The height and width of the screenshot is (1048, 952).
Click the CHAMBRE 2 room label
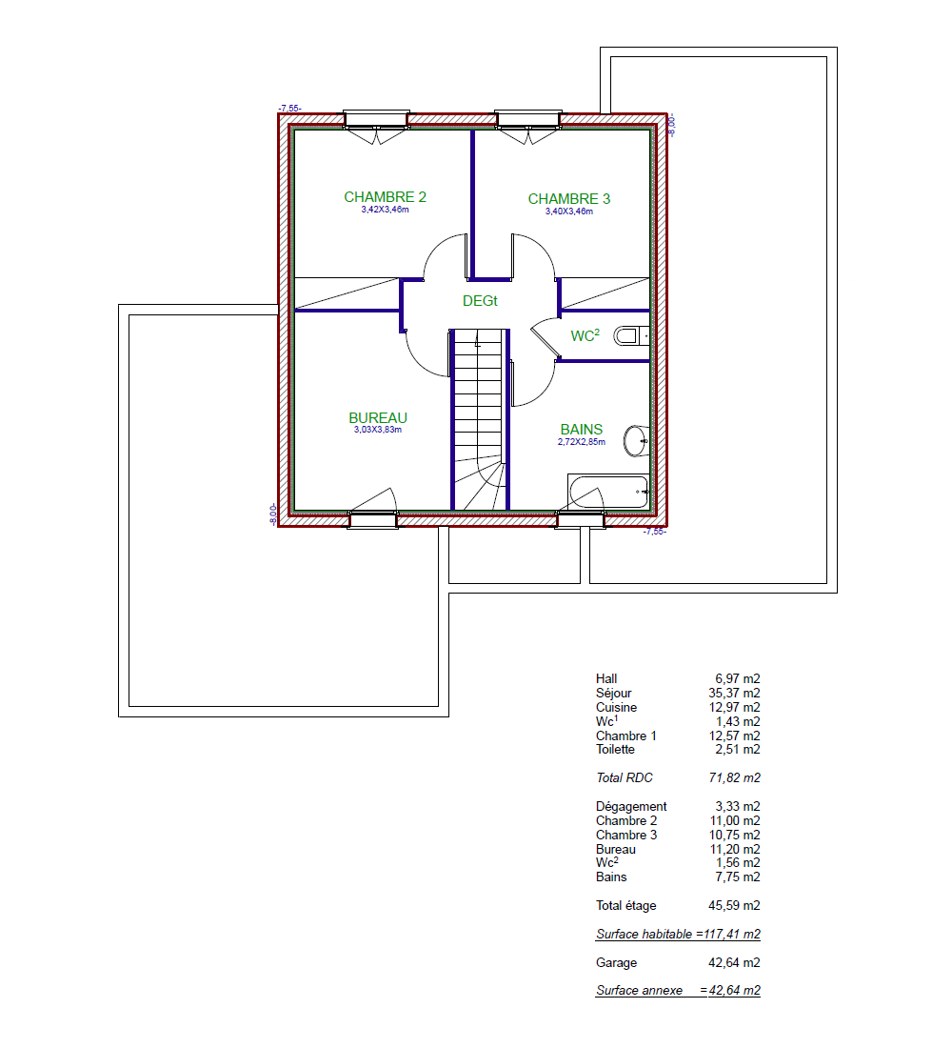(385, 197)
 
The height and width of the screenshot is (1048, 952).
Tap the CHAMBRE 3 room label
(569, 199)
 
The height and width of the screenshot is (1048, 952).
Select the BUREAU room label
(377, 417)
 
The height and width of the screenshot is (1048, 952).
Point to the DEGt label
(480, 301)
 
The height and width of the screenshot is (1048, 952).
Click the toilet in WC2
(630, 335)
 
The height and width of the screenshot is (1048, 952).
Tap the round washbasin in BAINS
(636, 440)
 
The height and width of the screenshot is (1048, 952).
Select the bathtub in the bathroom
(608, 492)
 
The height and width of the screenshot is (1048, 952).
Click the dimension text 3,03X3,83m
(377, 430)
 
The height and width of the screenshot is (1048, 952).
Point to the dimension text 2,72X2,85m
(582, 442)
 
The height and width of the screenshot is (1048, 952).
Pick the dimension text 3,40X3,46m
(568, 212)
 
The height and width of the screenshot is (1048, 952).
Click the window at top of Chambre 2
(376, 120)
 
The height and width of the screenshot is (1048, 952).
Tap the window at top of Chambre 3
(527, 120)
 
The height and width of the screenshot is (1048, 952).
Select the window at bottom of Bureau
(373, 519)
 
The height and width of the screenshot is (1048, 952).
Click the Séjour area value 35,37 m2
(734, 693)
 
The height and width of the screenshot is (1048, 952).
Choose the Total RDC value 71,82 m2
(734, 778)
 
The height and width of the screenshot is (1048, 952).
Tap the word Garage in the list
(616, 963)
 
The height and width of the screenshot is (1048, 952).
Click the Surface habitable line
(678, 935)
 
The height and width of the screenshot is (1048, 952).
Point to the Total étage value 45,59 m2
(734, 906)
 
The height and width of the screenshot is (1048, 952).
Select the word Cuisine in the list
(616, 707)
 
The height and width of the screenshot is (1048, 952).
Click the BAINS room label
(582, 429)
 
